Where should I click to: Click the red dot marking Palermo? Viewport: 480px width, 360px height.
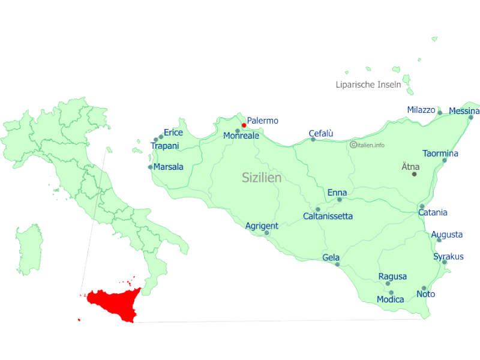[244, 125]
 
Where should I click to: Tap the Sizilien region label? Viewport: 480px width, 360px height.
[262, 178]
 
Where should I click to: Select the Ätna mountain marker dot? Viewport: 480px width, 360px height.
[414, 174]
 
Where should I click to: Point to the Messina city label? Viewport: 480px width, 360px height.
[464, 111]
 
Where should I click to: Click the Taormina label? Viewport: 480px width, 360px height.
[440, 154]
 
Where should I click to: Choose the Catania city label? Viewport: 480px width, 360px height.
[433, 212]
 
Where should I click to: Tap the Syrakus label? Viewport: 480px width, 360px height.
[449, 257]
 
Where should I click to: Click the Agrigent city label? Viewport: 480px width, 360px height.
[262, 226]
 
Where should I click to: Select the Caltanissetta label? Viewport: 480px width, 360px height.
[328, 216]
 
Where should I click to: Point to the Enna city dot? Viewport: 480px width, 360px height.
[340, 200]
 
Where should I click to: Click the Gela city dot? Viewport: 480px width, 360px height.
[337, 265]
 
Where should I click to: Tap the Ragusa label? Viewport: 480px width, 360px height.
[392, 277]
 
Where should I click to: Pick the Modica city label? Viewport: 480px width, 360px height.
[390, 299]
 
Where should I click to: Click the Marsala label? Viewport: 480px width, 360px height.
[169, 167]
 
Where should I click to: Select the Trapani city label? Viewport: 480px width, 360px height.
[165, 146]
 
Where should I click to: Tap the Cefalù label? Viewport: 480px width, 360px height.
[321, 133]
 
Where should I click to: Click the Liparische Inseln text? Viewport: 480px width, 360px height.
[368, 85]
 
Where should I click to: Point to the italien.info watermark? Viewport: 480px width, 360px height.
[368, 145]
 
